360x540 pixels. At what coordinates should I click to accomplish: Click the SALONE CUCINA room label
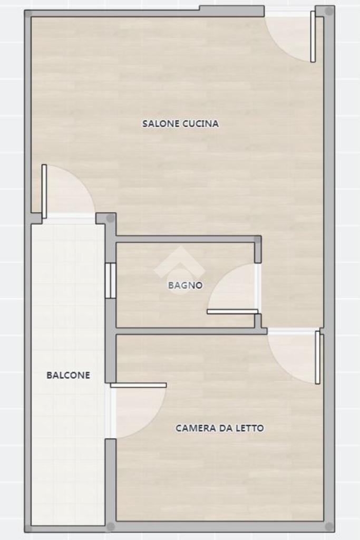pos(180,123)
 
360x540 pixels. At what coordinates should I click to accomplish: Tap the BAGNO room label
pos(185,285)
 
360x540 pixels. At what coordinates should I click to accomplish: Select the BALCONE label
pos(68,375)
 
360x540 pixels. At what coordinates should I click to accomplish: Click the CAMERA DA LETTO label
pos(220,428)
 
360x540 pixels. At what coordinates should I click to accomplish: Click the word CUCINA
pos(200,123)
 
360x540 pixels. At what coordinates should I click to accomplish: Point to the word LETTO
pos(250,428)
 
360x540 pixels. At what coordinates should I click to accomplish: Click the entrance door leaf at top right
pos(313,36)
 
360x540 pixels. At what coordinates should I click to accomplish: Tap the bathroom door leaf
pos(232,312)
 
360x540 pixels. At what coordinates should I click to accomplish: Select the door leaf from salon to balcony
pos(44,191)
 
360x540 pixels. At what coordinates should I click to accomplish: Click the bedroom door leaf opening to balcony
pos(138,385)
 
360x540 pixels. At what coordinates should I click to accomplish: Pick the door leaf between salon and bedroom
pos(317,357)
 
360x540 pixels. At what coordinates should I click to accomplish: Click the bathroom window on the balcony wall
pos(111,281)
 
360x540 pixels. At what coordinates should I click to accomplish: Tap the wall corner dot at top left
pos(28,14)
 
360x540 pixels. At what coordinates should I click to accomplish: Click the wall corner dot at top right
pos(329,12)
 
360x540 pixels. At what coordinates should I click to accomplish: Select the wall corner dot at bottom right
pos(329,527)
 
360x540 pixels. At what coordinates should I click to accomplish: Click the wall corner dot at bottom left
pos(28,528)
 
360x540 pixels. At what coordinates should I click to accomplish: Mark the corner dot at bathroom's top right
pos(257,239)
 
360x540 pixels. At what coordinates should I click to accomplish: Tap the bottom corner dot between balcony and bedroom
pos(111,527)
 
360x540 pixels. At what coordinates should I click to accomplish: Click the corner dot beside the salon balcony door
pos(110,218)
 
